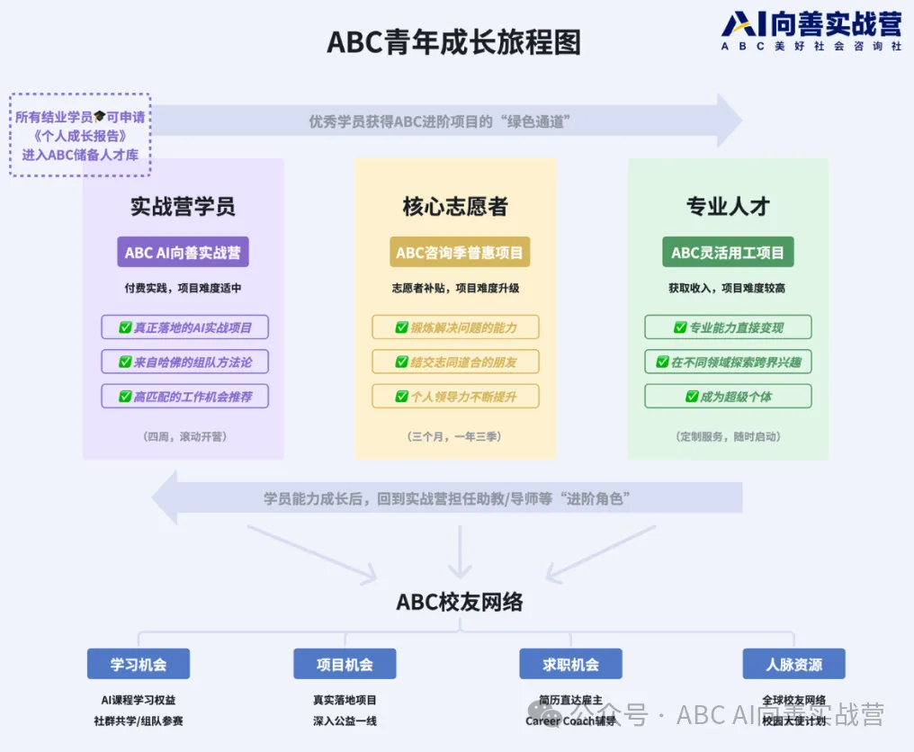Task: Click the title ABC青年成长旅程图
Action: (453, 41)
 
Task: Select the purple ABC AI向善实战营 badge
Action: (183, 252)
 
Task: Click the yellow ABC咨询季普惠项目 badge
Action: (460, 252)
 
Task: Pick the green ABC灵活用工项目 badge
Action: (728, 252)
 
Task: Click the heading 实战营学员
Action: (183, 206)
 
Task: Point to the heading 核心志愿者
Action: (455, 206)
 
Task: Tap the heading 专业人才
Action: (728, 206)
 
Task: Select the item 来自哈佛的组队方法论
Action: (184, 362)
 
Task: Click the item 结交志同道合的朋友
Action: (456, 362)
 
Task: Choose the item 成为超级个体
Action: (728, 396)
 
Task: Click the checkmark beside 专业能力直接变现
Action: (680, 327)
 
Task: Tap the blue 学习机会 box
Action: (139, 664)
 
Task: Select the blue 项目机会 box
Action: (345, 664)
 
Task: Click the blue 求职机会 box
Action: (570, 664)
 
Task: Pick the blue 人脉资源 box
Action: (793, 664)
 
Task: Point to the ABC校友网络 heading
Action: (460, 602)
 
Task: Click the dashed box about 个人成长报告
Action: (80, 135)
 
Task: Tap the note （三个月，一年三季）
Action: (455, 436)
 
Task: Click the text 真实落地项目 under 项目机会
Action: (345, 700)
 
